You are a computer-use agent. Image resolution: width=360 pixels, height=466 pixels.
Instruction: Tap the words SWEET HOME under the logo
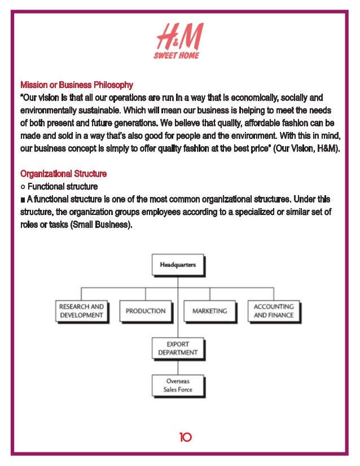tap(176, 55)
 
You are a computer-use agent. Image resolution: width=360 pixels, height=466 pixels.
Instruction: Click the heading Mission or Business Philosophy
tap(77, 85)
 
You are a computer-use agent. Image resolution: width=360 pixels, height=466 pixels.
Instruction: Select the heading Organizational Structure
tap(63, 174)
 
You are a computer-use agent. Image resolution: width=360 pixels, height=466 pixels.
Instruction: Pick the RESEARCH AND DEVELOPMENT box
tap(82, 311)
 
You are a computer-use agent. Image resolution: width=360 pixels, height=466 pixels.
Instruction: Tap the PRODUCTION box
tap(146, 311)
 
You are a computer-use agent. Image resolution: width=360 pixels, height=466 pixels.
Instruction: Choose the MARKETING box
tap(210, 311)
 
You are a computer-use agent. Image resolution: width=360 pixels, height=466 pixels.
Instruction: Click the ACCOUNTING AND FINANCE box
tap(274, 311)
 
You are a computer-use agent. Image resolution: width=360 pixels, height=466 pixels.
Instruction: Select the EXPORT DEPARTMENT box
tap(178, 348)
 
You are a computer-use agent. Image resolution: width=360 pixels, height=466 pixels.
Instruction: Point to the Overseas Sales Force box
tap(178, 385)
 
